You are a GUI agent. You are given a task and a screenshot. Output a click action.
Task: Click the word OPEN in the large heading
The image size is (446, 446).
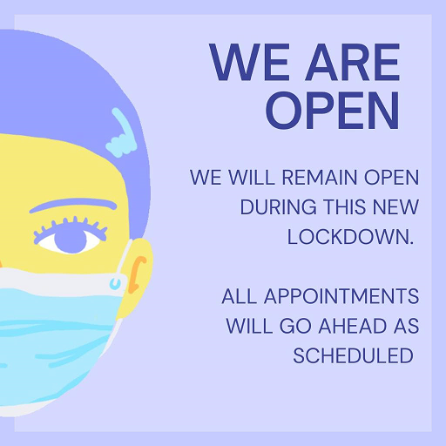click(333, 111)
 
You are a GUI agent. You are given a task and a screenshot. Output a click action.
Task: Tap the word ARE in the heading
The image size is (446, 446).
click(352, 62)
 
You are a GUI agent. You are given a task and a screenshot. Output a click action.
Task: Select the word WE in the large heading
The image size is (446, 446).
click(249, 62)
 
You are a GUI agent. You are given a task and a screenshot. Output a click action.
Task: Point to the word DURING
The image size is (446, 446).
click(279, 207)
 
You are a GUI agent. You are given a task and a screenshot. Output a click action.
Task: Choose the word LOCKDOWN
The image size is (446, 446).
click(350, 237)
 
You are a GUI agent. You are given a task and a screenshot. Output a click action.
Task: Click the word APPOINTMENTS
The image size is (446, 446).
click(341, 296)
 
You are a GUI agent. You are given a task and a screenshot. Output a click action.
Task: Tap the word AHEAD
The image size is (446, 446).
click(353, 326)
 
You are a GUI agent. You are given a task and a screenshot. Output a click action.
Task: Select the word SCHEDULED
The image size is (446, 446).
click(353, 355)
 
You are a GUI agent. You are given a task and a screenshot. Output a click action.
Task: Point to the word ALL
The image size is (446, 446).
click(240, 296)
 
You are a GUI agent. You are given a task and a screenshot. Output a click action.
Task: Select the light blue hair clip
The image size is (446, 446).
click(121, 134)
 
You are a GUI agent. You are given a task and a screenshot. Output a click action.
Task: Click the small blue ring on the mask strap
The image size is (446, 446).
click(116, 283)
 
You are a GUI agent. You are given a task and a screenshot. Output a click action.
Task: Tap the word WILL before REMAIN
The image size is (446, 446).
click(252, 177)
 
